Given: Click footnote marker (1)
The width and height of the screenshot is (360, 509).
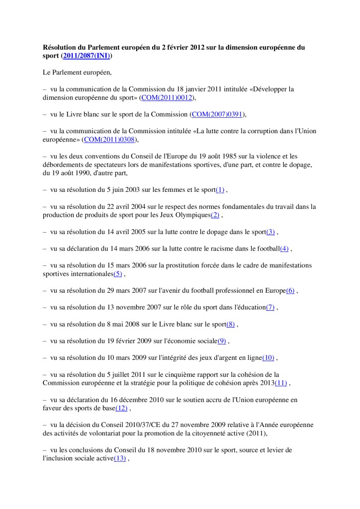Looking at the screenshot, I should coord(220,190).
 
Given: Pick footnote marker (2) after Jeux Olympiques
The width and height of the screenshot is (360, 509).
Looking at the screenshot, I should coord(215,215).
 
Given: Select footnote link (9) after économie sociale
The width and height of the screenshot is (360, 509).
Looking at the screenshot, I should coord(222,340).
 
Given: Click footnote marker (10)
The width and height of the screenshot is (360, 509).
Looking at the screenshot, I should coord(268,357).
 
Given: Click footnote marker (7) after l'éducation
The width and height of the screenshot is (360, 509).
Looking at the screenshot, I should coord(270,307).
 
